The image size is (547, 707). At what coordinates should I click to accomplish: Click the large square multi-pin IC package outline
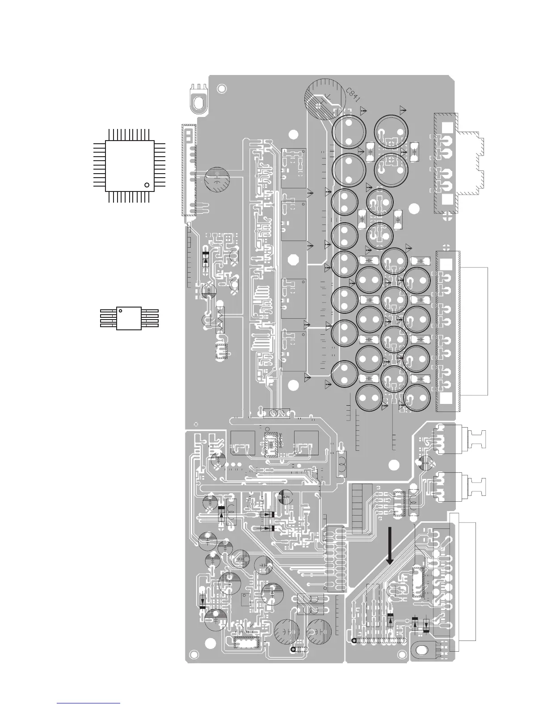[130, 166]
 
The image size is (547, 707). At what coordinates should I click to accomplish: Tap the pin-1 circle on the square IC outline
[146, 184]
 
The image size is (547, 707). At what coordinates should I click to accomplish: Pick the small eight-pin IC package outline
[129, 318]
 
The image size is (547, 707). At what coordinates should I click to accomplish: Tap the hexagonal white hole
[294, 260]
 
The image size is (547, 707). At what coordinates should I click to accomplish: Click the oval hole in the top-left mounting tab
[198, 102]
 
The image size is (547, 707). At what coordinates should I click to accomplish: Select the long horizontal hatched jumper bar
[379, 640]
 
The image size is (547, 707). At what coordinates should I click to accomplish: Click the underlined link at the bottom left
[89, 703]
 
